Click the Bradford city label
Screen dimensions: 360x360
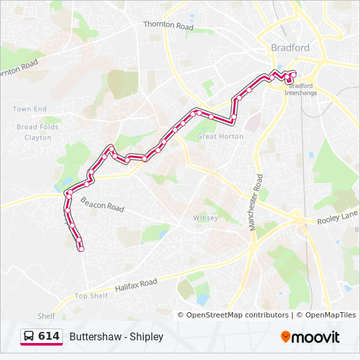(x=290, y=48)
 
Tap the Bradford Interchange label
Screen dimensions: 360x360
(x=300, y=89)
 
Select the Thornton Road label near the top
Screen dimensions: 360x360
(x=169, y=26)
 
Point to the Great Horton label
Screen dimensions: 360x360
(x=221, y=136)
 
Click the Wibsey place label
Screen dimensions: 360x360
(x=205, y=218)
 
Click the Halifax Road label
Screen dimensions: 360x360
(x=136, y=286)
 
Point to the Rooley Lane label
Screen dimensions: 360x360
(x=336, y=218)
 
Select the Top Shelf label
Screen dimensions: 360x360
(x=91, y=296)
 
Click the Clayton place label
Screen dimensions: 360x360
(x=37, y=137)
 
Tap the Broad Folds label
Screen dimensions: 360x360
(x=37, y=127)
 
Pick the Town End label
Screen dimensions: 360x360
(x=30, y=109)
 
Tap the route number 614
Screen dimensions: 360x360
(x=48, y=336)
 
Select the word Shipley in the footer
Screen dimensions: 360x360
(x=146, y=336)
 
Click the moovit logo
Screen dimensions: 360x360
(x=310, y=336)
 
